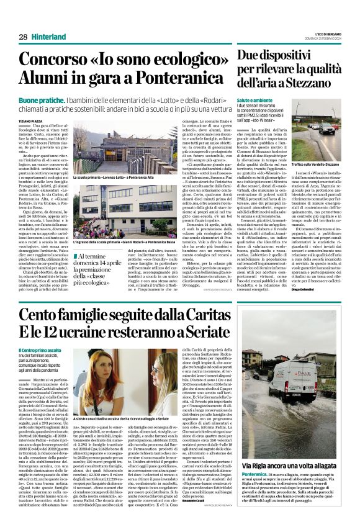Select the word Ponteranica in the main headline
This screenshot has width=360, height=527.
click(167, 79)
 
